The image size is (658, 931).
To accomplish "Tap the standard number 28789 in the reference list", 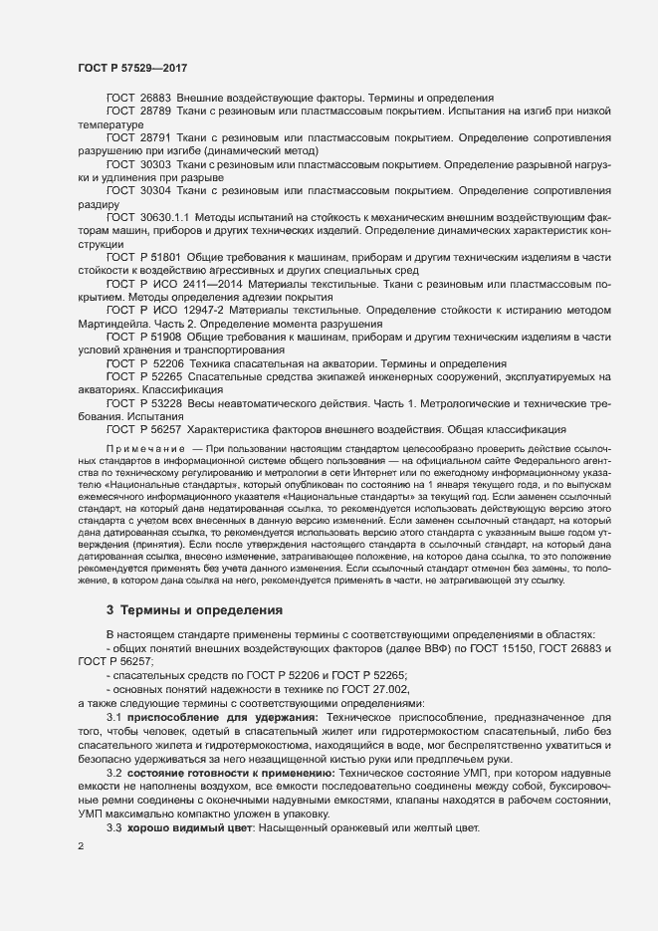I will point(155,113).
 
